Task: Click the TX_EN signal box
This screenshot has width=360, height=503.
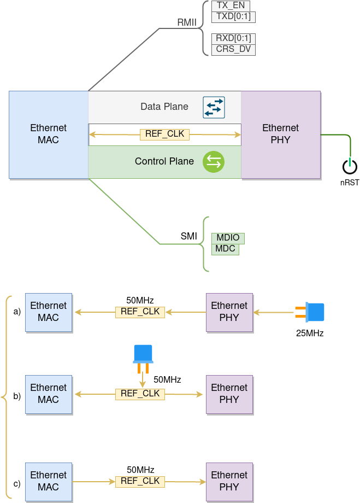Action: tap(231, 5)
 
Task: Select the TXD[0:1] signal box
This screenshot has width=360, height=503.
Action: tap(233, 16)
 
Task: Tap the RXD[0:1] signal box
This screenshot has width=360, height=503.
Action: tap(233, 39)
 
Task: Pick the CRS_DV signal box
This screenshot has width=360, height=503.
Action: tap(233, 50)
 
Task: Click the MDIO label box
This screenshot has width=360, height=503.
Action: tap(228, 238)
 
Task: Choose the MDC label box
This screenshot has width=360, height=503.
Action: tap(225, 249)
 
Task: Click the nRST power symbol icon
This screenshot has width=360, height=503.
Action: tap(350, 166)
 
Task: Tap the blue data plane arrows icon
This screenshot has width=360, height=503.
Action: tap(214, 107)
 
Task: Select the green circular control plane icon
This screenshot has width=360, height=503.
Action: tap(214, 162)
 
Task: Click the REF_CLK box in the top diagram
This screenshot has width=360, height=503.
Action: tap(164, 134)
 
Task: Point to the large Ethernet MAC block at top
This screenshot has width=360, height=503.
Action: tap(49, 134)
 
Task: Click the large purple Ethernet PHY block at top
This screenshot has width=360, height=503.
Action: tap(280, 134)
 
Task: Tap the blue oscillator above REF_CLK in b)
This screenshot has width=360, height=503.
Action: tap(143, 358)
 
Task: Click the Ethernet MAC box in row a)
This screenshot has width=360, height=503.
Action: tap(49, 312)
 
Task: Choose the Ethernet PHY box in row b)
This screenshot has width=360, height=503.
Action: tap(229, 394)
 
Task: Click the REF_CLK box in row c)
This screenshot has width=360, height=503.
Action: tap(140, 481)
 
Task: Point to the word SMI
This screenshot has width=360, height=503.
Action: tap(189, 237)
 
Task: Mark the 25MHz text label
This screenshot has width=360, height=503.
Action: tap(310, 333)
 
